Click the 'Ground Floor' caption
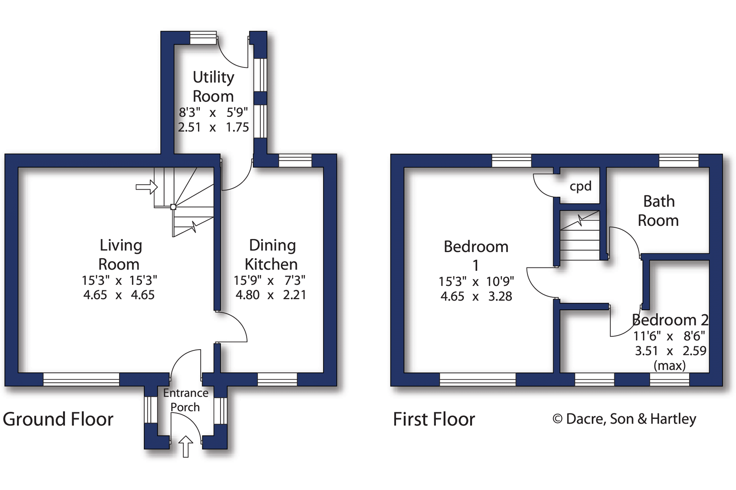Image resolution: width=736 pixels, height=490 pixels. pyautogui.click(x=58, y=419)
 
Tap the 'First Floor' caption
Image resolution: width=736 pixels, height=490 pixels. pyautogui.click(x=434, y=419)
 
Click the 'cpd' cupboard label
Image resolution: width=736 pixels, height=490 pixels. pyautogui.click(x=581, y=187)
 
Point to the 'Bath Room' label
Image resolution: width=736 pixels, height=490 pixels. pyautogui.click(x=658, y=211)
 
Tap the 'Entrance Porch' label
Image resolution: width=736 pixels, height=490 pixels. pyautogui.click(x=186, y=400)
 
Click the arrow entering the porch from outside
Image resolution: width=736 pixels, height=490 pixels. pyautogui.click(x=186, y=446)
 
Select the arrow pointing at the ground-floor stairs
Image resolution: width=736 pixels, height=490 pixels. pyautogui.click(x=147, y=187)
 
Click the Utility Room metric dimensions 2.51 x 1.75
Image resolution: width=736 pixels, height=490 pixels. pyautogui.click(x=213, y=127)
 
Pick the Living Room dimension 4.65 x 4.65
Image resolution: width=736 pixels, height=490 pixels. pyautogui.click(x=119, y=295)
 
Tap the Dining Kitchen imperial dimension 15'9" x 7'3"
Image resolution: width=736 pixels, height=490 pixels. pyautogui.click(x=270, y=280)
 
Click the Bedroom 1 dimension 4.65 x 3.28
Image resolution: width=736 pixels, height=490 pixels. pyautogui.click(x=476, y=296)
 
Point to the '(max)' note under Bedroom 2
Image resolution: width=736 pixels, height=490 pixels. pyautogui.click(x=670, y=366)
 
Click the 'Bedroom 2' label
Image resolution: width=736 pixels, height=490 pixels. pyautogui.click(x=670, y=320)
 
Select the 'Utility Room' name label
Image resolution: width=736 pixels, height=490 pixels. pyautogui.click(x=213, y=86)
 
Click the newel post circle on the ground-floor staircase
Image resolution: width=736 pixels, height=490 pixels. pyautogui.click(x=173, y=207)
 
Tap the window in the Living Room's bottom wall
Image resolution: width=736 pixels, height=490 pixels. pyautogui.click(x=81, y=379)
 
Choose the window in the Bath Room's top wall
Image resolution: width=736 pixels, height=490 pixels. pyautogui.click(x=679, y=161)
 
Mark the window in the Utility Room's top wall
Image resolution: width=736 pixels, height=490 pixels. pyautogui.click(x=203, y=38)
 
